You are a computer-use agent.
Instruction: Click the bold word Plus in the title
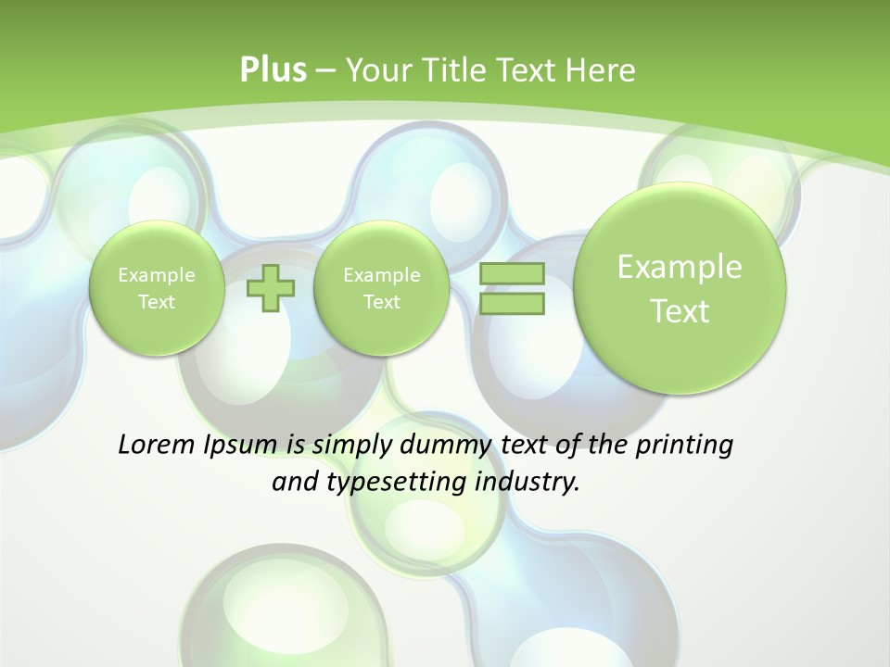pos(273,69)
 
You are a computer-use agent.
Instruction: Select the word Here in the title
pos(601,69)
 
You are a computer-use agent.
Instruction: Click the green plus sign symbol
pos(270,288)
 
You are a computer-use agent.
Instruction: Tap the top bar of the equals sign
pos(512,273)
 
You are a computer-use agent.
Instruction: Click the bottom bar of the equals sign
pos(512,304)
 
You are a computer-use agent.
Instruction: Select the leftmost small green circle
pos(157,288)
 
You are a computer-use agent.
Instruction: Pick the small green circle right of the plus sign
pos(381,288)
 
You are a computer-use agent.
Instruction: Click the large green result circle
pos(680,288)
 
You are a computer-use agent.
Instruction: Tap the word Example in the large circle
pos(680,267)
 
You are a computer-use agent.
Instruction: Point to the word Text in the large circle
pos(680,311)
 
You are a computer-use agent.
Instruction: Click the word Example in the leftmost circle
pos(157,275)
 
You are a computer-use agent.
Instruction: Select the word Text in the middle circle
pos(381,302)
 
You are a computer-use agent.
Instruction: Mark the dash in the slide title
pos(325,69)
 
